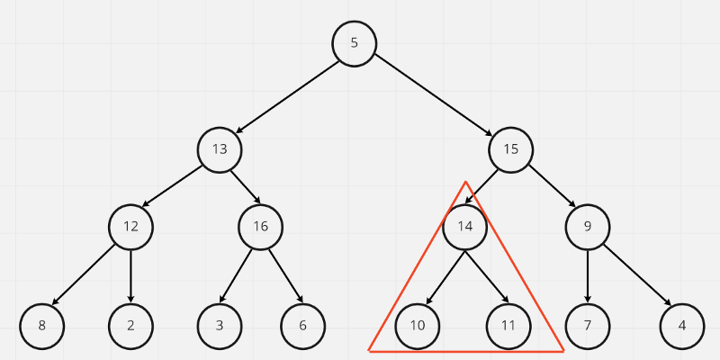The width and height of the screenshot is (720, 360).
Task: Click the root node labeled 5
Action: click(x=354, y=43)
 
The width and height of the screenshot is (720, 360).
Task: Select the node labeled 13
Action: click(x=220, y=149)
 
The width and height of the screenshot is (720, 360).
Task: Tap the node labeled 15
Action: click(x=510, y=149)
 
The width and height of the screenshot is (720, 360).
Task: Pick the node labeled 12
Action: click(x=130, y=226)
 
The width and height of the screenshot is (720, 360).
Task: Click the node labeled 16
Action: click(x=260, y=226)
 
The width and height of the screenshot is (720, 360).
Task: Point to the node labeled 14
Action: click(x=464, y=226)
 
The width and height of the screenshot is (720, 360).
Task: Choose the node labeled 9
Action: click(x=588, y=226)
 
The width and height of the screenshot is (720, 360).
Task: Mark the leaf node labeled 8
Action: click(x=41, y=326)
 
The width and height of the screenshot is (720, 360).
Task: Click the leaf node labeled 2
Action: click(x=130, y=326)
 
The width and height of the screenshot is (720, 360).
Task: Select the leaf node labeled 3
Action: click(x=220, y=326)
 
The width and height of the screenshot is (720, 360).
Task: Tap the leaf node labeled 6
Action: click(x=302, y=326)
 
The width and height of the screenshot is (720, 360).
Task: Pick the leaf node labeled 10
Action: click(x=418, y=326)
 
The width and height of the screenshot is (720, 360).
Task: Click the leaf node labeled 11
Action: click(x=508, y=326)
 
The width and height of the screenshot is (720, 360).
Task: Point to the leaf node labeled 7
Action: click(x=588, y=326)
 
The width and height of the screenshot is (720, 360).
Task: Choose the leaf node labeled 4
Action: click(x=681, y=326)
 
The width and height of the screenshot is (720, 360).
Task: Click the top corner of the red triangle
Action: click(x=465, y=183)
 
